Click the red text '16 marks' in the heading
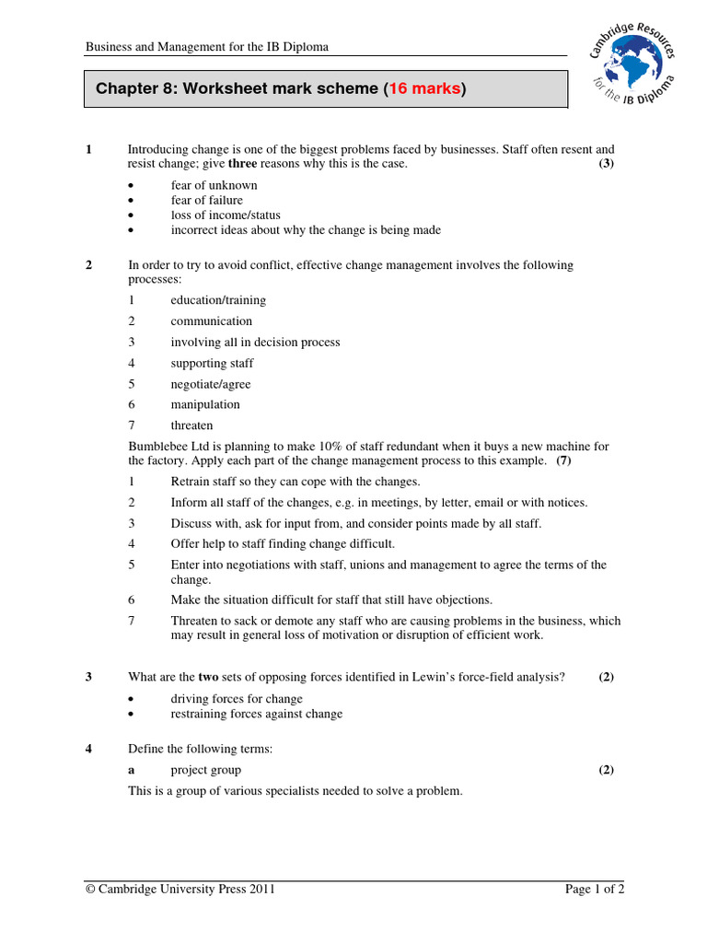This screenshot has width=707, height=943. click(x=424, y=89)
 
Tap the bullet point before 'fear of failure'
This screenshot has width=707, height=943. click(x=132, y=201)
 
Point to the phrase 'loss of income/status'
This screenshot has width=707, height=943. click(x=226, y=215)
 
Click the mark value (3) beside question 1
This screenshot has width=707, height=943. click(x=606, y=164)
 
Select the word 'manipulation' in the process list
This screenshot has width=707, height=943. click(x=204, y=404)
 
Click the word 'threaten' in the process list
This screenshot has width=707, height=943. click(x=191, y=425)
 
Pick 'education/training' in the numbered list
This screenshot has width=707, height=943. click(x=218, y=300)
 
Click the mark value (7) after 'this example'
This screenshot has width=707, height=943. click(x=563, y=460)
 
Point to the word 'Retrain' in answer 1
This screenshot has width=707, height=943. click(x=191, y=482)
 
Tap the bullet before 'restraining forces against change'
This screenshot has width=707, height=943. click(x=132, y=715)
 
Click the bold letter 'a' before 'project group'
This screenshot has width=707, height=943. click(x=131, y=770)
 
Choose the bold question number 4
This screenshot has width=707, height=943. click(x=89, y=749)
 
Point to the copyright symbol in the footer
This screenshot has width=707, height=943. click(x=90, y=890)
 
